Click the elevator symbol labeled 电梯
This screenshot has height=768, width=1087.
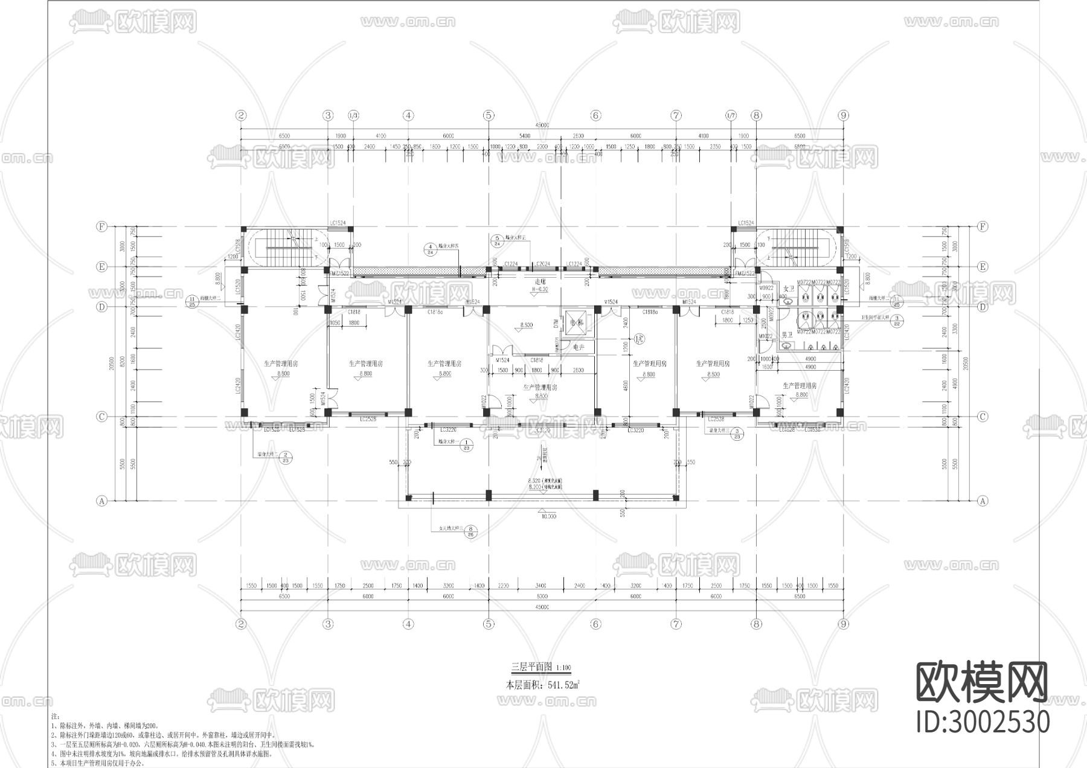(x=577, y=323)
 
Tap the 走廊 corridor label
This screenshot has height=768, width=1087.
(x=540, y=282)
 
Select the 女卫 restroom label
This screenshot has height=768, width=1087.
(x=788, y=289)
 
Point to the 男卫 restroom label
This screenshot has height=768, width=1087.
(x=787, y=334)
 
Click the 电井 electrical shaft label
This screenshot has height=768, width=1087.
(x=579, y=347)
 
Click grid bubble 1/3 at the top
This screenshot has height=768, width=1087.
(x=353, y=115)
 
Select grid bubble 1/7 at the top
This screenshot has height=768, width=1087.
(x=731, y=115)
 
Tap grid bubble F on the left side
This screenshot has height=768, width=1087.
(x=101, y=226)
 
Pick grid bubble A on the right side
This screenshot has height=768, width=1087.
(x=983, y=501)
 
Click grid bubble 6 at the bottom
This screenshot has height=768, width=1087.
(x=595, y=624)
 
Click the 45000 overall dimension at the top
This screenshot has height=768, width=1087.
(x=542, y=125)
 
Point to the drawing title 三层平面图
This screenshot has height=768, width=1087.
(x=532, y=667)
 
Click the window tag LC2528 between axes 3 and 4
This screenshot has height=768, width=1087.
(x=368, y=419)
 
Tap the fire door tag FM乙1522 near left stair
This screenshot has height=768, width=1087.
(x=339, y=274)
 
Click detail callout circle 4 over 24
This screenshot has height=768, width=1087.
(x=430, y=249)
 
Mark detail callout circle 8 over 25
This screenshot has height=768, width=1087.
(x=470, y=530)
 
